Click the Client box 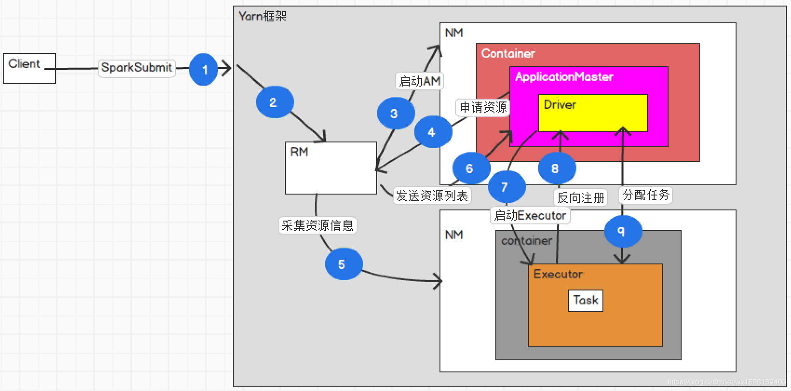(x=29, y=68)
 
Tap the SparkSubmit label (x=137, y=67)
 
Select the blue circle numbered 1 (x=204, y=69)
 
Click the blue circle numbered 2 (x=275, y=102)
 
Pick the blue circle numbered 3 (x=396, y=113)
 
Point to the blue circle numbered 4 (x=433, y=132)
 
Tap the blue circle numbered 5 (x=344, y=264)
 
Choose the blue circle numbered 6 (x=471, y=168)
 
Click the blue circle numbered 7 (x=507, y=187)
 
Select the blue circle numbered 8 (x=557, y=168)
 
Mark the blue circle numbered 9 (x=623, y=231)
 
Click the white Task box (x=586, y=301)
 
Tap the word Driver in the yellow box (x=560, y=105)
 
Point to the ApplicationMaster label (x=564, y=77)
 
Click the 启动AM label (x=419, y=81)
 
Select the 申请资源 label (x=483, y=107)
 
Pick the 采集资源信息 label (x=318, y=225)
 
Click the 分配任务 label (x=646, y=195)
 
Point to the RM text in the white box (x=299, y=152)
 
